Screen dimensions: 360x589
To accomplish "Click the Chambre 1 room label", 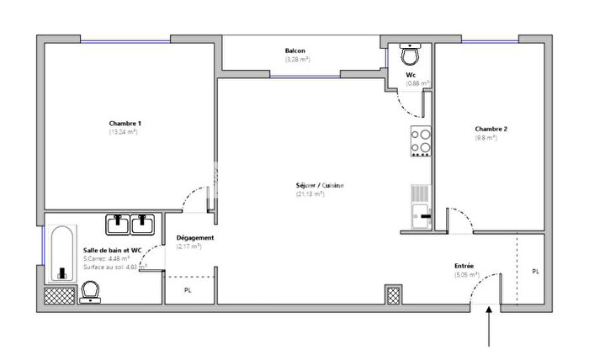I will pos(125,124).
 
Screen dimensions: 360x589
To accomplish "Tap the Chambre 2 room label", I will pos(492,129).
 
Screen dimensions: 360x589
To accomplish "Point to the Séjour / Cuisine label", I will pos(320,186).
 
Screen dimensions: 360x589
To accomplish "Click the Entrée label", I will pos(464,266).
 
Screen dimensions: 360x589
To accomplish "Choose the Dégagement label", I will pos(195,238).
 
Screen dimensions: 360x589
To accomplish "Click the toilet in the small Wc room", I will pos(411,56).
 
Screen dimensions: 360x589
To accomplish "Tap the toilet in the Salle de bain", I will pos(91,291).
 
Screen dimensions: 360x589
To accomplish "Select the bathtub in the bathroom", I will pos(61,253).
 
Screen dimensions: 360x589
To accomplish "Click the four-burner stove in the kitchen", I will pos(421,141).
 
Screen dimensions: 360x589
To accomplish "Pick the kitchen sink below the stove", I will pos(421,207).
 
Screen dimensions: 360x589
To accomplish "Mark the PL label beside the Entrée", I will pos(536,272).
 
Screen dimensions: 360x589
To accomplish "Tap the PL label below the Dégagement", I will pos(188,290).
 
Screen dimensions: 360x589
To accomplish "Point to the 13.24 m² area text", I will pos(124,132).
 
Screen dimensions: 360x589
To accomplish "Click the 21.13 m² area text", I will pos(310,194).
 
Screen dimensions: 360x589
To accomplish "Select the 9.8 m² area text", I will pos(486,137).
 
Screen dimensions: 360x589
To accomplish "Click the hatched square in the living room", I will pos(393,294).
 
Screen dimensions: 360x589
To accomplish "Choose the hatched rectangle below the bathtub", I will pos(60,294).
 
